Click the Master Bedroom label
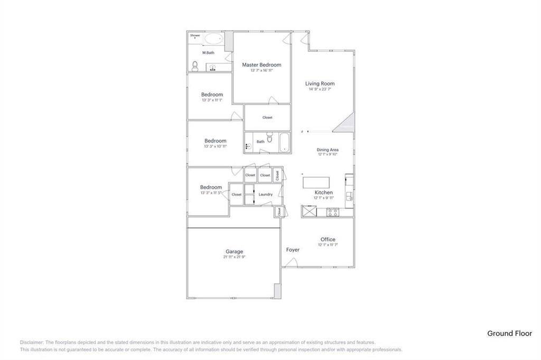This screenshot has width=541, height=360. click(x=262, y=65)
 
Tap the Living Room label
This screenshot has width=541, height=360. click(x=320, y=83)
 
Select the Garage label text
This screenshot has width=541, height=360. click(x=234, y=252)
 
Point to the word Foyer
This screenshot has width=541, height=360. click(x=293, y=250)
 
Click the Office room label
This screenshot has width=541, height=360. click(x=328, y=240)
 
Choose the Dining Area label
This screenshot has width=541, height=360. click(x=328, y=150)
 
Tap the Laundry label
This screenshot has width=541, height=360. click(x=265, y=194)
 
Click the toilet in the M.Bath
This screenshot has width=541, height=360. click(x=195, y=67)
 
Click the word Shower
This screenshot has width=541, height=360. click(x=195, y=35)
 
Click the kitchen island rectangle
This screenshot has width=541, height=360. click(x=317, y=183)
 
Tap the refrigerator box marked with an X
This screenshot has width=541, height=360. click(x=307, y=212)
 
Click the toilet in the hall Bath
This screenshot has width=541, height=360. click(x=269, y=139)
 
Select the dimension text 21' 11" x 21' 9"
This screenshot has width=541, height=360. click(x=234, y=257)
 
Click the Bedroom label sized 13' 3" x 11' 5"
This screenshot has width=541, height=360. click(x=211, y=187)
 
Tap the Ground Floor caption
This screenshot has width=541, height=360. click(x=509, y=333)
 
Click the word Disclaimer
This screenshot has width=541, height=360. click(x=32, y=342)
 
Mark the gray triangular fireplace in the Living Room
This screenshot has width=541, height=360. click(x=346, y=124)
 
